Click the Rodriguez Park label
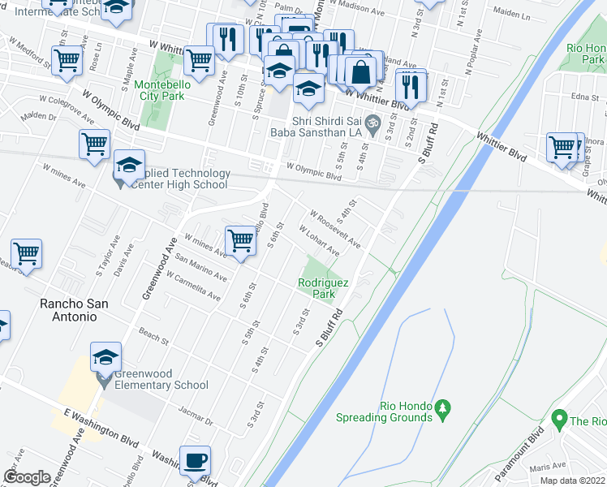point(323,288)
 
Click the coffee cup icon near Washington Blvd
point(195,462)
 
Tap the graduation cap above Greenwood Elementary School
point(105,357)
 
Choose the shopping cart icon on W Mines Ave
point(240,240)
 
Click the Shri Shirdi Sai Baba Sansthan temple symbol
point(372,126)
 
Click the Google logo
point(27,477)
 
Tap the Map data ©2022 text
point(572,481)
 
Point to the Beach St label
point(153,334)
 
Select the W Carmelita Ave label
point(193,286)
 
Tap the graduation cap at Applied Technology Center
point(128,166)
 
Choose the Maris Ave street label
point(548,469)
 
